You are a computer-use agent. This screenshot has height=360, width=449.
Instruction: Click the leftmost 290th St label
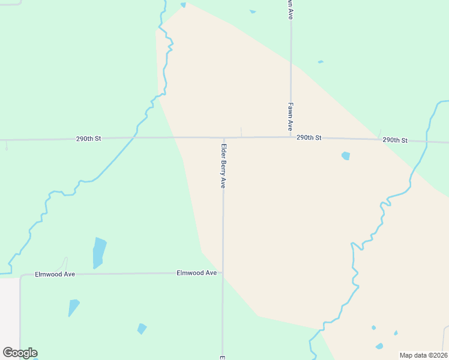[x=88, y=139]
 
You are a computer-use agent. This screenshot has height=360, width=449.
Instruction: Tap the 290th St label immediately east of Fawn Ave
[x=309, y=137]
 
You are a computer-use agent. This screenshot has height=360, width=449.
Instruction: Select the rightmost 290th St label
[x=395, y=140]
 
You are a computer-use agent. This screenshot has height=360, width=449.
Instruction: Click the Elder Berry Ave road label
[x=223, y=166]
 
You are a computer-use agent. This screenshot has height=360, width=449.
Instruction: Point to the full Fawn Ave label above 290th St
[x=290, y=116]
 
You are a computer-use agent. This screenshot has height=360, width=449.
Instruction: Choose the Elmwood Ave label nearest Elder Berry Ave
[x=196, y=272]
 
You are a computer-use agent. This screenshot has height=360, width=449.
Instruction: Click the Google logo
[x=20, y=353]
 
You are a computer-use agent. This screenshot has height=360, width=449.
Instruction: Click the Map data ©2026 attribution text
[x=423, y=355]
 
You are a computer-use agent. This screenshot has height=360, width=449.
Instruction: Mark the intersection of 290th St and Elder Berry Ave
[x=223, y=137]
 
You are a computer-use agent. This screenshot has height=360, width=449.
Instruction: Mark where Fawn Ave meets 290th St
[x=291, y=137]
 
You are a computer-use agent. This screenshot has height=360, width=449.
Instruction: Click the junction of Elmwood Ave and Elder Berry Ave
[x=223, y=272]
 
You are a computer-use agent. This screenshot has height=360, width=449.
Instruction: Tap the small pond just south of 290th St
[x=345, y=156]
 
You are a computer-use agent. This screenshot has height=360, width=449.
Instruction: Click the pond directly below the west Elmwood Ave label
[x=73, y=307]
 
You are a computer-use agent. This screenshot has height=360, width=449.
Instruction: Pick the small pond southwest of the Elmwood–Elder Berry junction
[x=142, y=328]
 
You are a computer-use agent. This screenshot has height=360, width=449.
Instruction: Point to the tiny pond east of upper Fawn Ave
[x=321, y=62]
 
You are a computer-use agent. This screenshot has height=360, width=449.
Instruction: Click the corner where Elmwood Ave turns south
[x=22, y=277]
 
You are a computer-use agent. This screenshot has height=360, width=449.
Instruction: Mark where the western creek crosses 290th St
[x=134, y=137]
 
